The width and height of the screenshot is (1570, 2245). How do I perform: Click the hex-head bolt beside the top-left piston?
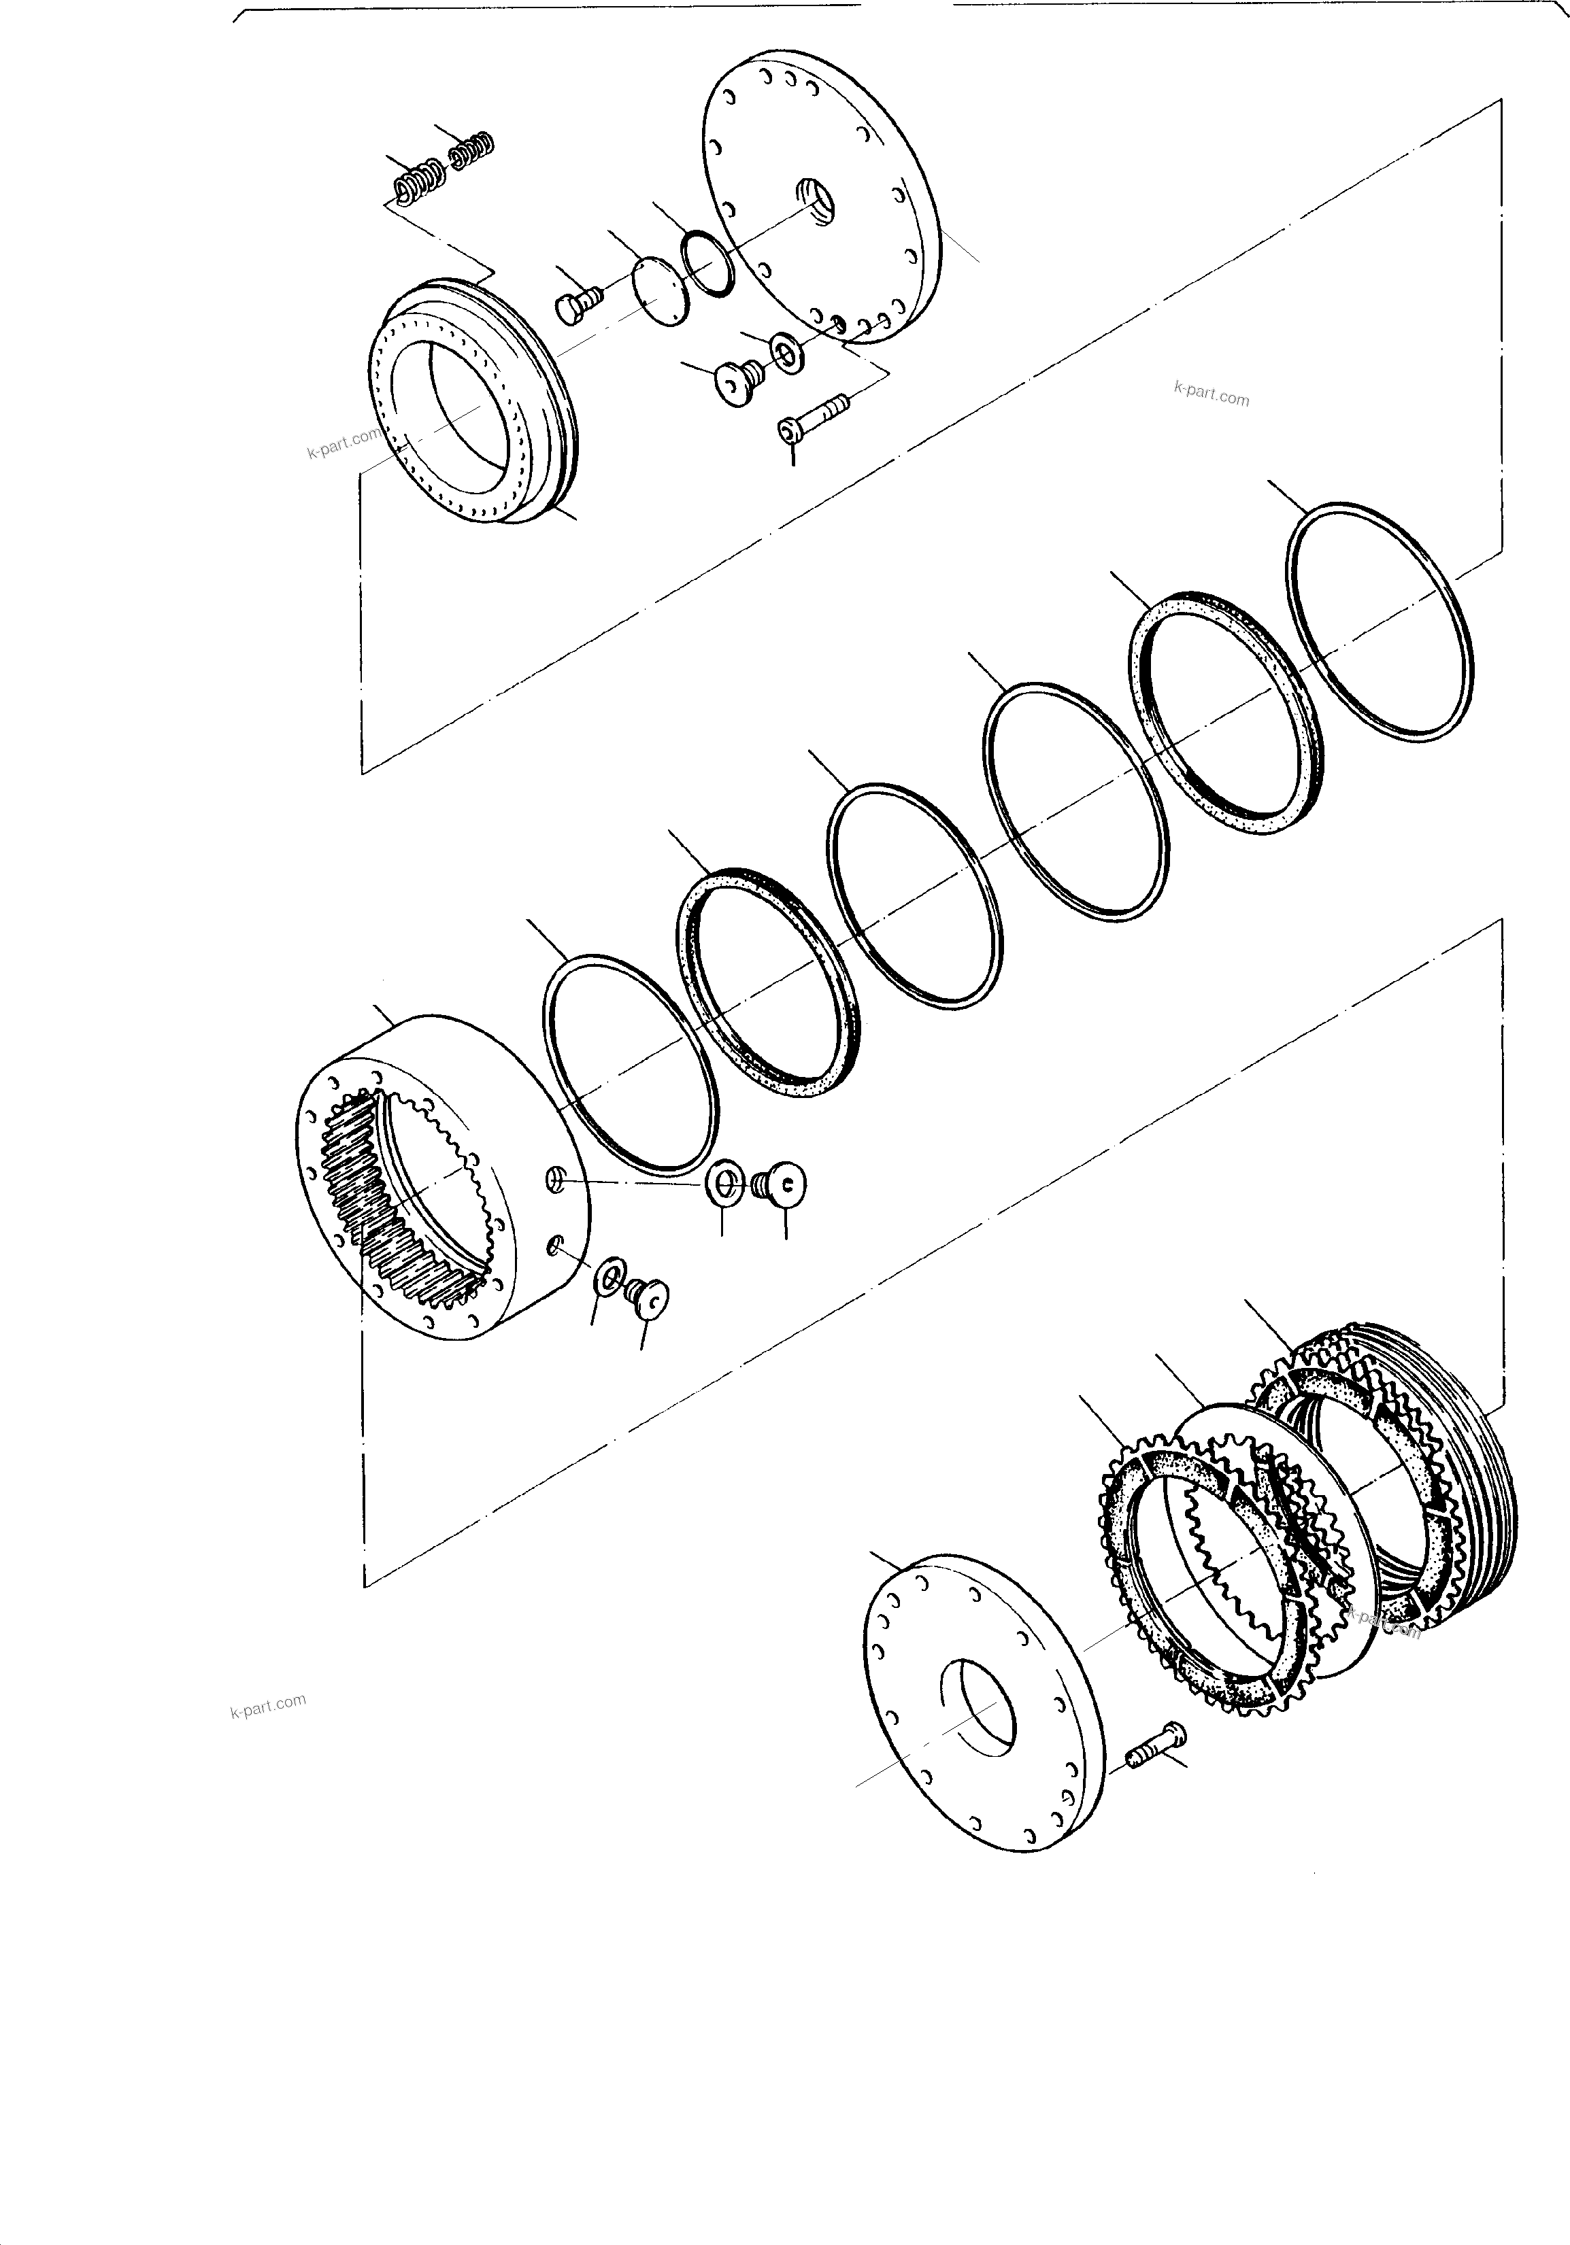coord(576,299)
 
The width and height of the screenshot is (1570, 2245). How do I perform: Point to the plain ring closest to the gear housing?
coord(632,1066)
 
